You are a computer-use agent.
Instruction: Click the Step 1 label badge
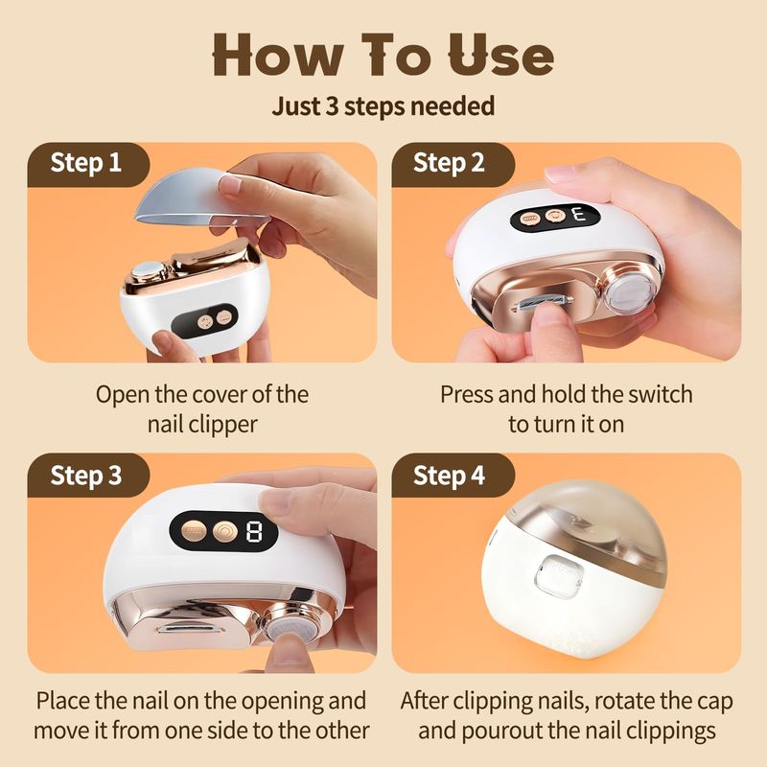[x=88, y=164]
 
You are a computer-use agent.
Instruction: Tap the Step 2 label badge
[x=453, y=164]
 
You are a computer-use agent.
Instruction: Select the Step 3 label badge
[x=88, y=475]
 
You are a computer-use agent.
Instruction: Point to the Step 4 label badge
[x=453, y=475]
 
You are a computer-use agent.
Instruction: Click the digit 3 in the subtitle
[x=332, y=105]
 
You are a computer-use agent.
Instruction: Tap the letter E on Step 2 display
[x=580, y=215]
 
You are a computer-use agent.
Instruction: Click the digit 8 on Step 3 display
[x=254, y=531]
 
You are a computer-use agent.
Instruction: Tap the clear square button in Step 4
[x=559, y=576]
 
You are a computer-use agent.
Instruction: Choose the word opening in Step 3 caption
[x=282, y=702]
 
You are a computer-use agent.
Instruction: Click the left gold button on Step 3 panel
[x=195, y=530]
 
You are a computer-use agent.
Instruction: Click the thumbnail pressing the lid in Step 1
[x=229, y=184]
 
